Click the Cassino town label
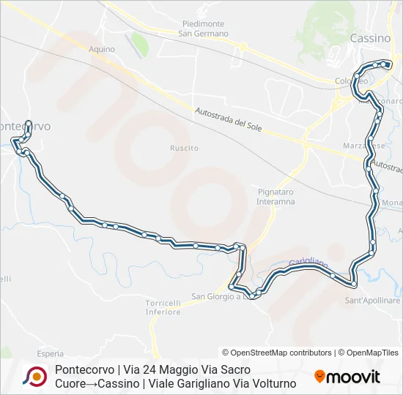tap(370, 38)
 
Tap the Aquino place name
tap(102, 49)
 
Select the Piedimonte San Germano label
tap(204, 29)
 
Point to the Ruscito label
tap(184, 148)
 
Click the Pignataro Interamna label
tap(276, 196)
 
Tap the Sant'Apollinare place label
tap(373, 300)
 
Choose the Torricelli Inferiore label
tap(163, 307)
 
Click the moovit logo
tap(347, 377)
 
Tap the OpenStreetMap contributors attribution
tap(277, 353)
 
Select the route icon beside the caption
tap(34, 377)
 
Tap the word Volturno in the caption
tap(272, 383)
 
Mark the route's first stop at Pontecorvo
tap(28, 123)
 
